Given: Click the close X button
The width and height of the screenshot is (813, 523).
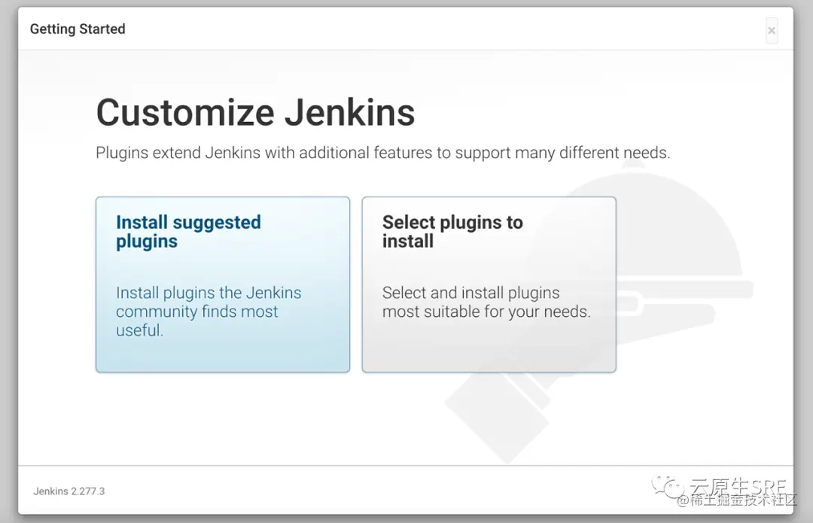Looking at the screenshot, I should [772, 31].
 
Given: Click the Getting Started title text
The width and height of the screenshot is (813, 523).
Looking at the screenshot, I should [78, 29].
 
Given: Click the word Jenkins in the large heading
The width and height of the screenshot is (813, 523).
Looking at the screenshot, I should [349, 113].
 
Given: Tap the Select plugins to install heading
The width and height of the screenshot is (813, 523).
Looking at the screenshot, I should [452, 232].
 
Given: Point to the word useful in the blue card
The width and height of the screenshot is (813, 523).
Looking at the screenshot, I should [139, 330].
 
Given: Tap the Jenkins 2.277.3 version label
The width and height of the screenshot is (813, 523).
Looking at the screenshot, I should [69, 491].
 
